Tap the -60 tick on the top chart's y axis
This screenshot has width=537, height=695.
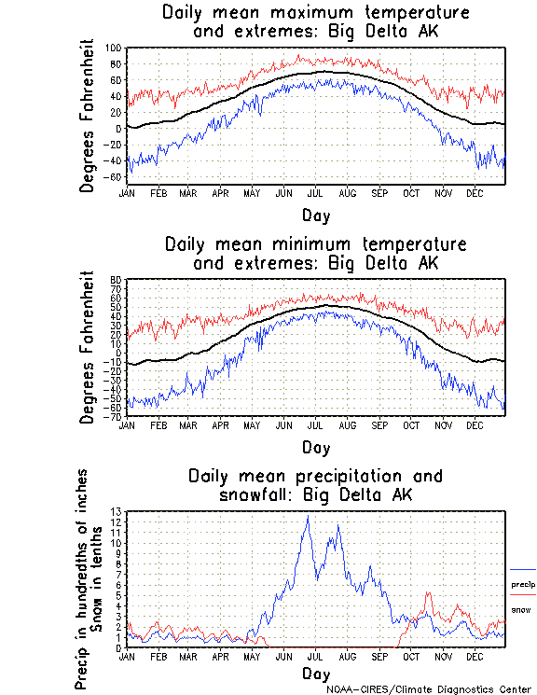pos(115,177)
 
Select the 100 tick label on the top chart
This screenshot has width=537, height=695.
pos(114,48)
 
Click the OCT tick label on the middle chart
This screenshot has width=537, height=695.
pos(412,425)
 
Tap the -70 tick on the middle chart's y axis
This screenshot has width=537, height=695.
pos(115,416)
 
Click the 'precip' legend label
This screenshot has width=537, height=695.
pos(523,584)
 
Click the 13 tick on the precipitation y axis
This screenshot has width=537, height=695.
pos(117,511)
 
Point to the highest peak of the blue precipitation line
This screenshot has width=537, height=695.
pos(308,516)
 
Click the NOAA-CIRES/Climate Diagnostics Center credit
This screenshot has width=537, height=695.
pos(430,688)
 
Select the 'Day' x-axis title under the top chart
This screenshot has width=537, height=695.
pos(315,215)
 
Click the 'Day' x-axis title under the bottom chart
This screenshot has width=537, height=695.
pos(315,674)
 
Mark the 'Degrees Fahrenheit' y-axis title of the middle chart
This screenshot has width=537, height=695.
pos(88,347)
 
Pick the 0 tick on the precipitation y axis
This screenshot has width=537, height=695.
pos(119,647)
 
